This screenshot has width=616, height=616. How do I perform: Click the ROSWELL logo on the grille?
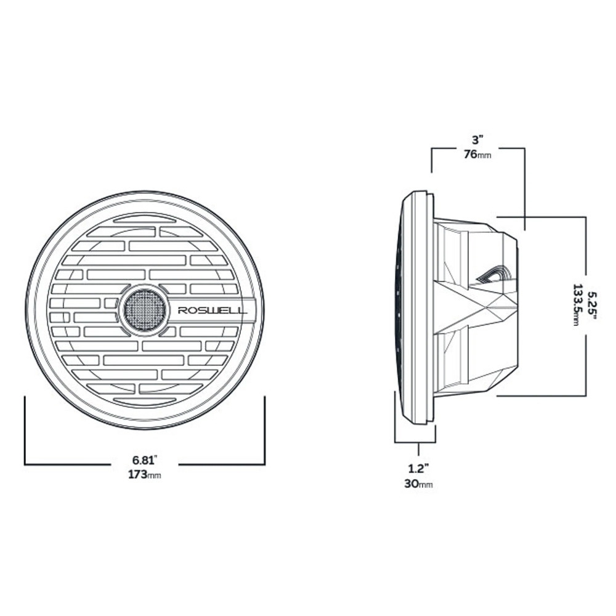(x=212, y=310)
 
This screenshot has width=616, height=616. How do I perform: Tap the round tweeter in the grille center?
(x=144, y=309)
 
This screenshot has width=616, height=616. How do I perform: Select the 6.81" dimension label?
(x=145, y=459)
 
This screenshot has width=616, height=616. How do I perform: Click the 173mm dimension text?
(x=145, y=475)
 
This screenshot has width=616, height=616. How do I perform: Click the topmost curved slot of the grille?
(x=144, y=219)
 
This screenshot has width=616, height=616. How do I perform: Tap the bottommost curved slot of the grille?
(x=144, y=401)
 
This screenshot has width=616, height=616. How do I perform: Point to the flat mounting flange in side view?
(x=419, y=308)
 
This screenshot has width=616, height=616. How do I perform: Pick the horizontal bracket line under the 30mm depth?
(x=415, y=442)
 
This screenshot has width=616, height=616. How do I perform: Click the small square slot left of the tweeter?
(x=110, y=303)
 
